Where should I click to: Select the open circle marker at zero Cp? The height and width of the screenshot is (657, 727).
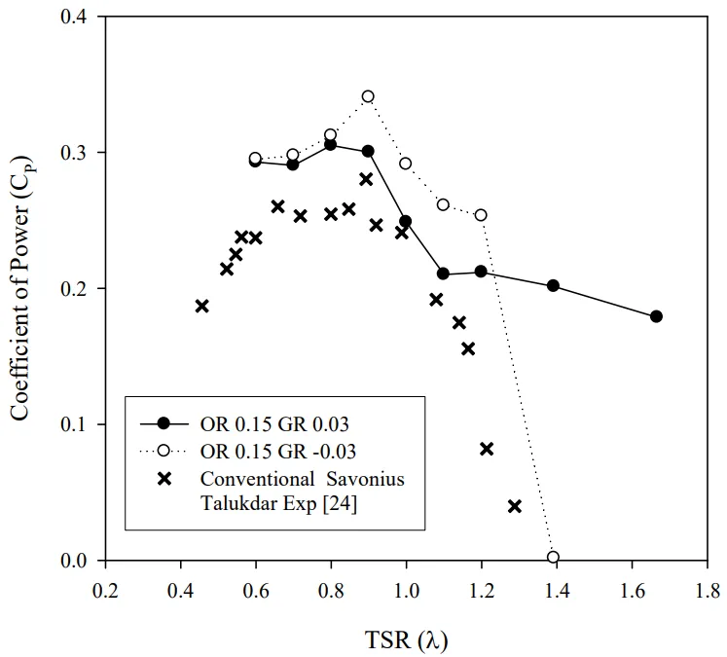point(554,557)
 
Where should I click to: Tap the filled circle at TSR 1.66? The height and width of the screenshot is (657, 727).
point(656,316)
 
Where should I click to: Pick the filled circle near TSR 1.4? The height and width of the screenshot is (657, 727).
point(554,286)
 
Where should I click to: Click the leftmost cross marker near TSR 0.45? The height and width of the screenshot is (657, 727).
point(202,306)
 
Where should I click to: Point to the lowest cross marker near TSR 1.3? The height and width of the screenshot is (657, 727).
point(515,506)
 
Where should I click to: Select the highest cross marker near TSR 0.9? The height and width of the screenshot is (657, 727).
point(366,179)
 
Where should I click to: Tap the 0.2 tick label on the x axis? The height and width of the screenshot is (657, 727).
point(105,591)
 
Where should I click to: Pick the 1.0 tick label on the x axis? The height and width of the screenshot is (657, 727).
point(406,591)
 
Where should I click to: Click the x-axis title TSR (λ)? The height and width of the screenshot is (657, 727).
point(406,639)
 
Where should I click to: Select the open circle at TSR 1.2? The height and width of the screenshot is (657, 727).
point(481,215)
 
